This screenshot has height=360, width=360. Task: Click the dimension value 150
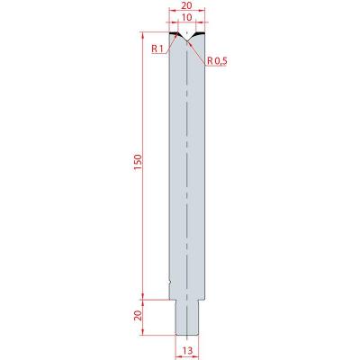pyautogui.click(x=138, y=162)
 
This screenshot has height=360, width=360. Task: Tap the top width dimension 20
pyautogui.click(x=186, y=5)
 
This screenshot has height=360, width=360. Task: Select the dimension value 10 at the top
pyautogui.click(x=186, y=17)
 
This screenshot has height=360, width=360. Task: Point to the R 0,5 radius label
pyautogui.click(x=217, y=61)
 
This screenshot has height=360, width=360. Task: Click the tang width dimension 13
pyautogui.click(x=186, y=350)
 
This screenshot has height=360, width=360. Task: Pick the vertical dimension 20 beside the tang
pyautogui.click(x=138, y=316)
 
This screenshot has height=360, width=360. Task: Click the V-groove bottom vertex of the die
pyautogui.click(x=186, y=41)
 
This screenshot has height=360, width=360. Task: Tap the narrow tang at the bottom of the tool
pyautogui.click(x=186, y=318)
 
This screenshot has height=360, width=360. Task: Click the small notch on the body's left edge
pyautogui.click(x=170, y=282)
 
